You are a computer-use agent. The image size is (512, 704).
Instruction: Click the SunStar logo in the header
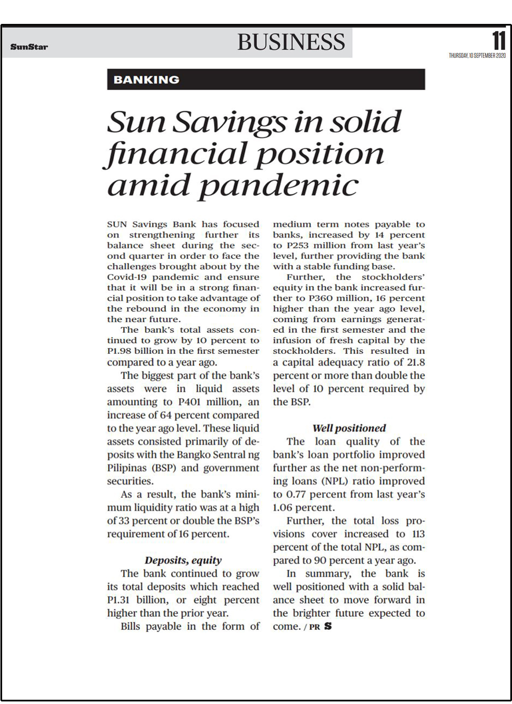point(29,47)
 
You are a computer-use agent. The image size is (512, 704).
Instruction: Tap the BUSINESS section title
point(291,42)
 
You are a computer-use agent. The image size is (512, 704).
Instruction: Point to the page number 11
point(499,41)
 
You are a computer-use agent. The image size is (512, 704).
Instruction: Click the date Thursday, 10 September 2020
point(477,56)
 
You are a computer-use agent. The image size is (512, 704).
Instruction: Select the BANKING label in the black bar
point(146,79)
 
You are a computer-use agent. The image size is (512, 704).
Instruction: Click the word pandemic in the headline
point(279,186)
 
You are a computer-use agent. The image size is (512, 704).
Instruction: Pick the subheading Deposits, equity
point(183,560)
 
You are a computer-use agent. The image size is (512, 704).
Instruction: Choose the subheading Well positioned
point(349,428)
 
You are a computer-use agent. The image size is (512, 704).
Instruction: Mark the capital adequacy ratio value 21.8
point(415,362)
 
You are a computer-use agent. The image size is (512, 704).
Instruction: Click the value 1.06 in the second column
point(282,508)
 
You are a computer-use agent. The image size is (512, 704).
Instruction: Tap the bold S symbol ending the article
point(328,626)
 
